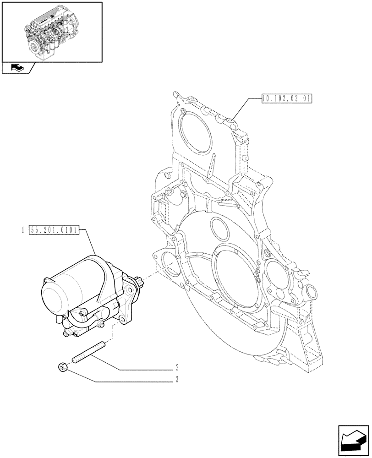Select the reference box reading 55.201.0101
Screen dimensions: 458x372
(x=54, y=229)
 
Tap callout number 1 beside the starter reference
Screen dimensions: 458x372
(x=22, y=229)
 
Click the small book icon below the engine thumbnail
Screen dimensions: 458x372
(x=17, y=68)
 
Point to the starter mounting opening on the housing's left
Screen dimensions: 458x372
(x=170, y=267)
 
